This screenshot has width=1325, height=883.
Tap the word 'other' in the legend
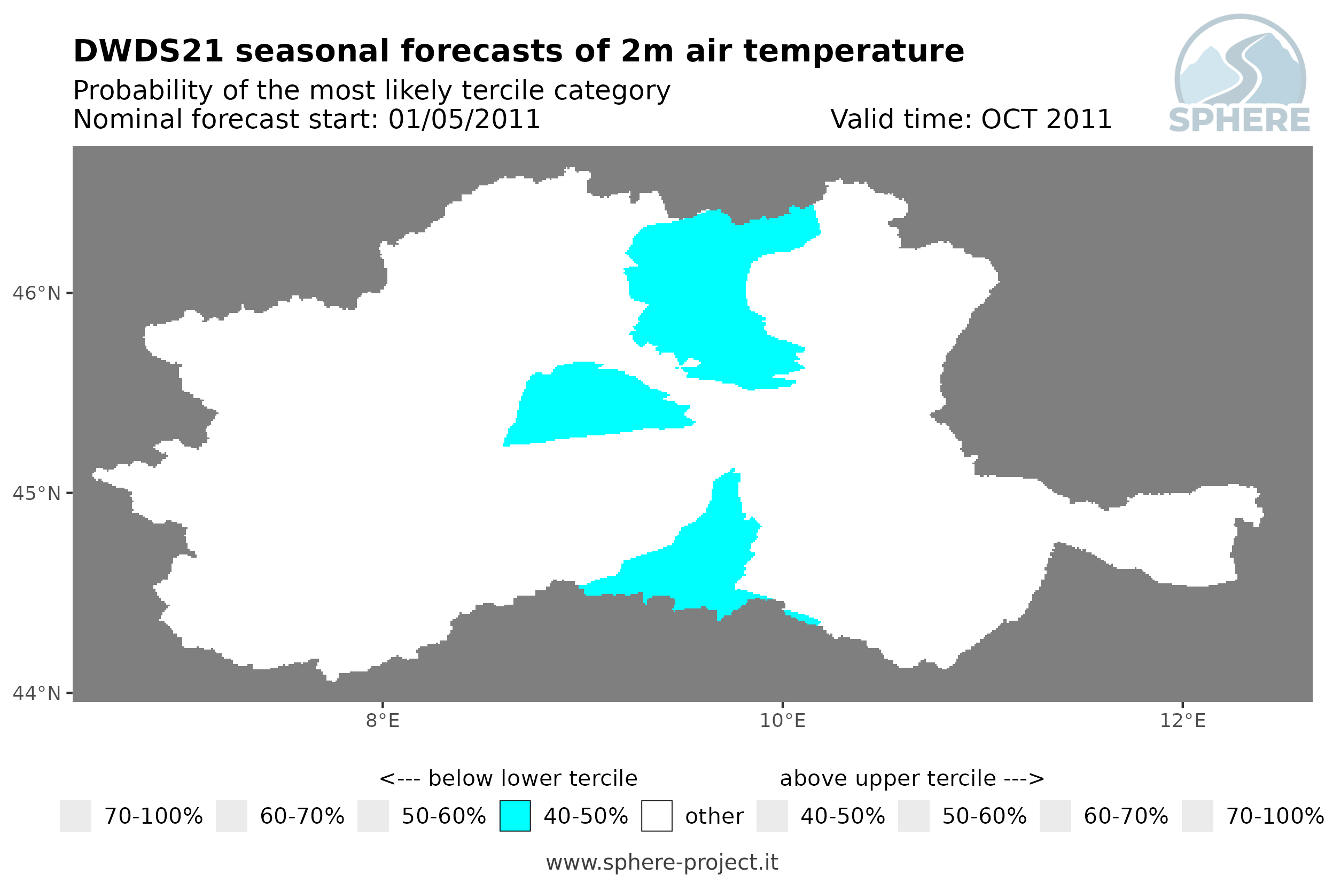coord(714,816)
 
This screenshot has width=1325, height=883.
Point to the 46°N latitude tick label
coord(37,293)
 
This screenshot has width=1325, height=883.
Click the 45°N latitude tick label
coord(37,493)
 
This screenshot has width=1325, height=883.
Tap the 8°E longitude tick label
coord(383,720)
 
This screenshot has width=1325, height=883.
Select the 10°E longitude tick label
coord(783,720)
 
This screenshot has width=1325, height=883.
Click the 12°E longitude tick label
coord(1182,720)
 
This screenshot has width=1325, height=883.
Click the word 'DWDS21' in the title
coord(149,51)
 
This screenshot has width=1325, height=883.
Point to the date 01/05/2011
coord(464,119)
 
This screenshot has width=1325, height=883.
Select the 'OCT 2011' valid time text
coord(1046,119)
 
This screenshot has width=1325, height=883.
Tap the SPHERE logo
coord(1240,74)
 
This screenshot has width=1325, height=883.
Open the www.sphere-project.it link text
coord(662,862)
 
